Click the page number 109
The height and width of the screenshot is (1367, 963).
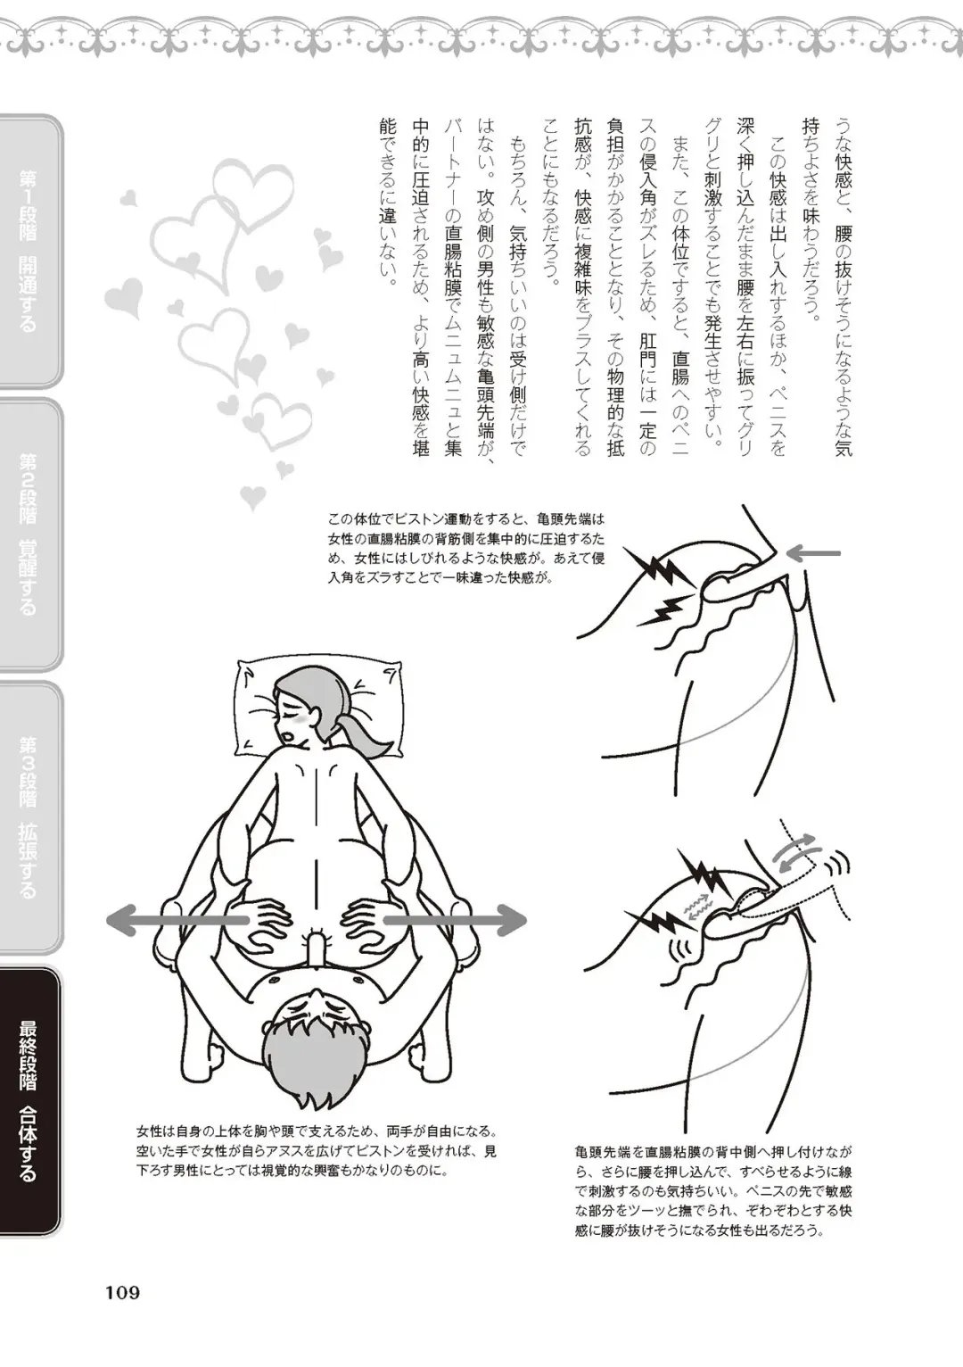(122, 1291)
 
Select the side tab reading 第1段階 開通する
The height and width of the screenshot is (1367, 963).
(29, 252)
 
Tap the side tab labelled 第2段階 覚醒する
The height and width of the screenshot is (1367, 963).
(29, 534)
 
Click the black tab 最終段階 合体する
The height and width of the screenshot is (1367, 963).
(29, 1100)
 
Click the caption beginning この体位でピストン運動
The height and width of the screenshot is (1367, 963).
(466, 547)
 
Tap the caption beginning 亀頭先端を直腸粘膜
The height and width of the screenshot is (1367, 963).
(714, 1190)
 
